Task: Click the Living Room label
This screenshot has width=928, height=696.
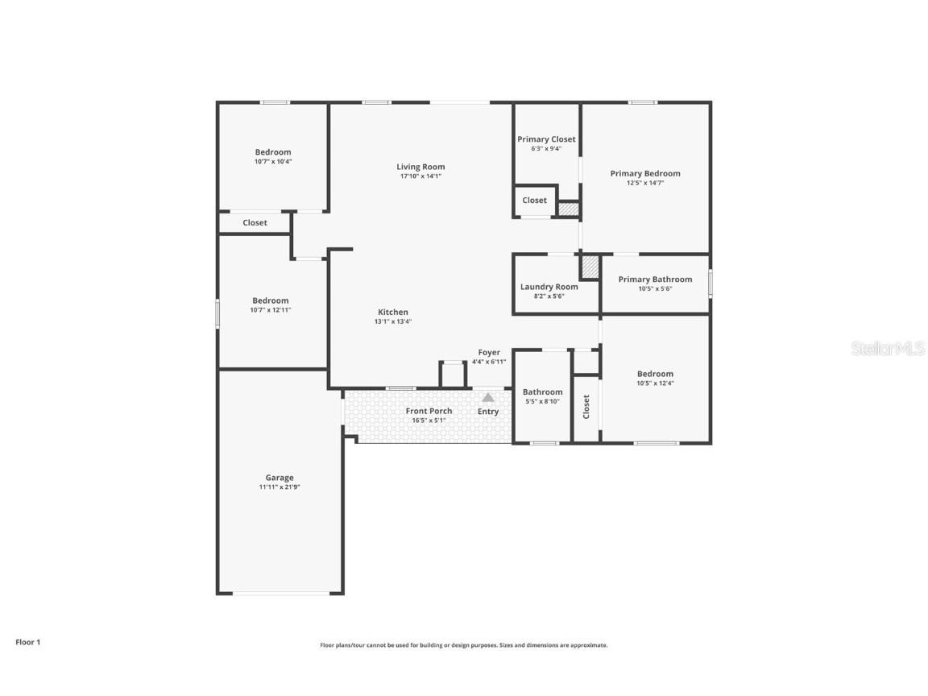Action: (x=420, y=167)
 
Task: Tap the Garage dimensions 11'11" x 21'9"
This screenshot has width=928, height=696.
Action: (x=280, y=487)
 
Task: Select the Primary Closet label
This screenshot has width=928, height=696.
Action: (x=546, y=139)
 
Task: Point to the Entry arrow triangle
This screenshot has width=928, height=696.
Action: (x=488, y=397)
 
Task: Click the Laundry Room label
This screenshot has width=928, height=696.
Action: (x=549, y=287)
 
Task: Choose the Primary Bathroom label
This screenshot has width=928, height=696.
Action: (x=655, y=280)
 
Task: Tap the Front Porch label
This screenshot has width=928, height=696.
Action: (x=429, y=411)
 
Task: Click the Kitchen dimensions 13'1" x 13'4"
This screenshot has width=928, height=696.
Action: (x=393, y=321)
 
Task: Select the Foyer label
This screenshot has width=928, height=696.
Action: (x=489, y=352)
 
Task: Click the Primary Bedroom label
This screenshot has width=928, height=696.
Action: (x=645, y=173)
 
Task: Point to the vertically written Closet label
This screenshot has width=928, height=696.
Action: (x=586, y=407)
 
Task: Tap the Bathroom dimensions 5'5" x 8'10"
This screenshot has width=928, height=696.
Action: (x=542, y=401)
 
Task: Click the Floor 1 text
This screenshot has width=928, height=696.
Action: (x=27, y=642)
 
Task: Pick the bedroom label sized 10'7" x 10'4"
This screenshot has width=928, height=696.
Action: (x=273, y=152)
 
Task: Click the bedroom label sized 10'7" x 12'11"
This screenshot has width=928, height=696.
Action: (x=270, y=300)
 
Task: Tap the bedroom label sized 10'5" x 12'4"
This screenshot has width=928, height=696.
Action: (x=655, y=374)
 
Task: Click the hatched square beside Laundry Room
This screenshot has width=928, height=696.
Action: (x=590, y=267)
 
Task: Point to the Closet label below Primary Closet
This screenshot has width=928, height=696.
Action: (x=534, y=201)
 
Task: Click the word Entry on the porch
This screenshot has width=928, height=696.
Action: (x=488, y=412)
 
